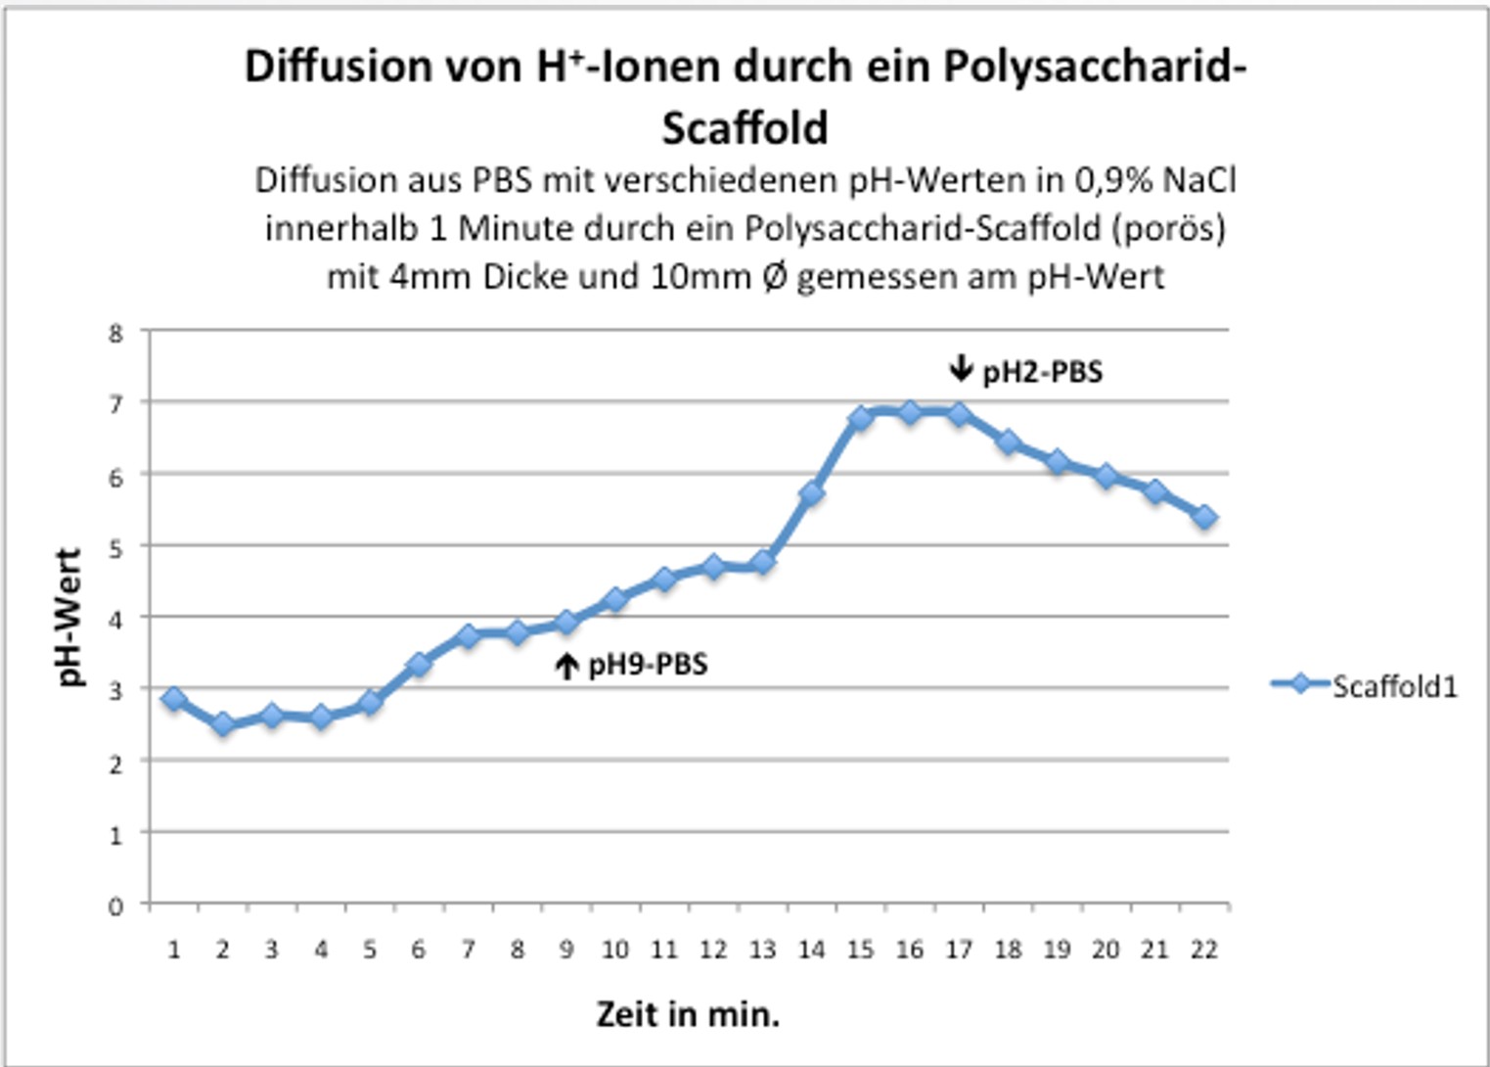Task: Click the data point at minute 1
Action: point(174,699)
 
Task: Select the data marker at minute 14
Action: point(811,494)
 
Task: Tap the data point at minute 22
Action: point(1204,517)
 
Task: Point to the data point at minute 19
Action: point(1057,462)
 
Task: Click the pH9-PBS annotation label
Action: point(648,665)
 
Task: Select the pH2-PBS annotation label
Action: point(1042,372)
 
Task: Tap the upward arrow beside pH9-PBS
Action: point(566,667)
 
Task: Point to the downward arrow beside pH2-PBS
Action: point(961,369)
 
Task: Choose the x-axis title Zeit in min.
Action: point(688,1014)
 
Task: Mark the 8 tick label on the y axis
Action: point(116,333)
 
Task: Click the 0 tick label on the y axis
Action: point(116,905)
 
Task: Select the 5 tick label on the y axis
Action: point(116,548)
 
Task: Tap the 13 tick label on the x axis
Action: point(762,950)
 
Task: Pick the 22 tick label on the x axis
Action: point(1204,950)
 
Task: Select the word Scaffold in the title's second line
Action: point(745,127)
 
